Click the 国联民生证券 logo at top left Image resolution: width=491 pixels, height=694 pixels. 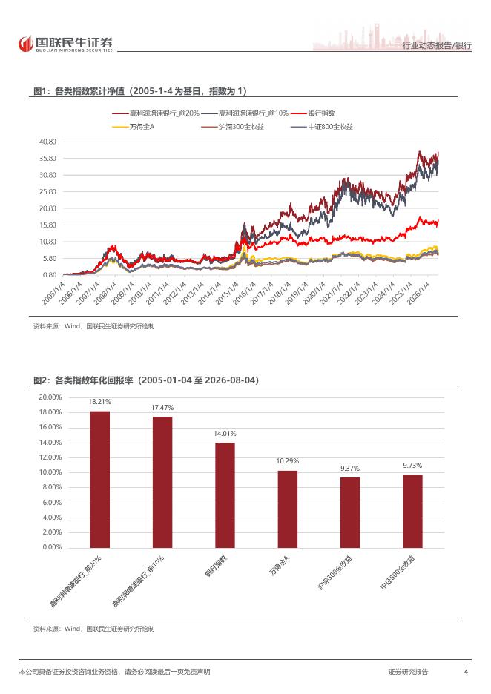point(65,44)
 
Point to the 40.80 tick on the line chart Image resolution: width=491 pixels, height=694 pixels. point(47,142)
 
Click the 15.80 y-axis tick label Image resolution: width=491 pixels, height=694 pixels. point(47,225)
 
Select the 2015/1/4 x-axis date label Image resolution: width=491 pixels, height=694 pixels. point(227,293)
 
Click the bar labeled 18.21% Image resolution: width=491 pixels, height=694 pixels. point(99,479)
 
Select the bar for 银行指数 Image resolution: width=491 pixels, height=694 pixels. point(225,495)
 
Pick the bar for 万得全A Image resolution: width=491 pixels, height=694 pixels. point(287,509)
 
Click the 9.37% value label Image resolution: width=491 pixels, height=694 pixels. point(350,469)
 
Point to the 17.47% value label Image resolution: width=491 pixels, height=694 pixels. point(162,407)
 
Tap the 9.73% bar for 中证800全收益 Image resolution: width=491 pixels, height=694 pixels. point(412,511)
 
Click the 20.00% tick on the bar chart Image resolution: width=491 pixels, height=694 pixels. point(50,397)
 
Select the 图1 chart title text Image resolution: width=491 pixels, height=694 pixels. point(140,91)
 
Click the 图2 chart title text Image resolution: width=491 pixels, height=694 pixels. point(146,380)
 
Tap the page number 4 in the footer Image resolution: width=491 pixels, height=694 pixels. point(466,672)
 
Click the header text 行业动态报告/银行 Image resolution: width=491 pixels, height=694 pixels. point(437,45)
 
